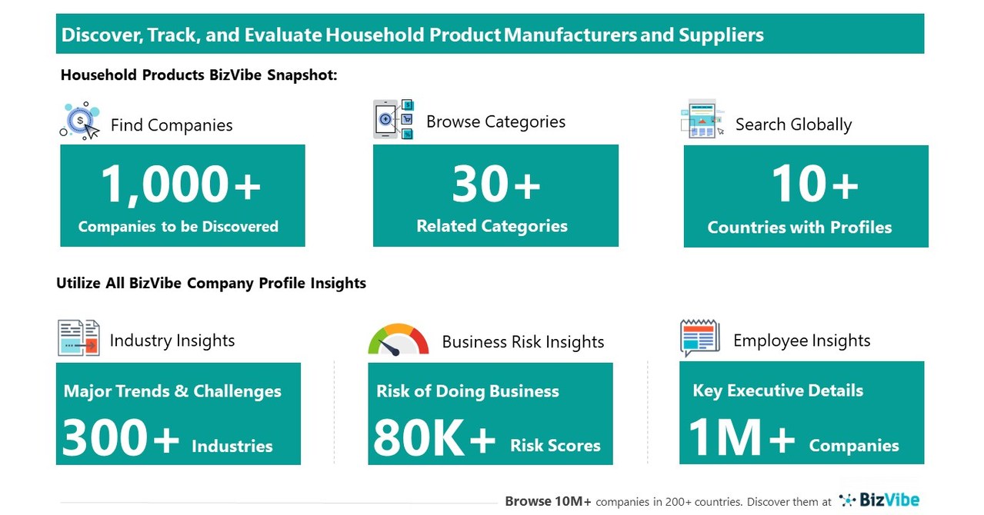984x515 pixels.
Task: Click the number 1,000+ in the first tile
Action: [182, 185]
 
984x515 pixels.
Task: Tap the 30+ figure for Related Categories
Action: [495, 184]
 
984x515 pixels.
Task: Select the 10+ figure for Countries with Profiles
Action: [814, 185]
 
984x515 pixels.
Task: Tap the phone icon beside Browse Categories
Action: [393, 120]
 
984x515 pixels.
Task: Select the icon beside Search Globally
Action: [702, 120]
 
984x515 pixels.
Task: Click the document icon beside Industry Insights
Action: [78, 338]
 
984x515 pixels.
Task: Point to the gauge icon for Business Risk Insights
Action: [398, 340]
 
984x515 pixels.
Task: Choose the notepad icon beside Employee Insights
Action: [699, 338]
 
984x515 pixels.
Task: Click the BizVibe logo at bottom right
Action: [879, 500]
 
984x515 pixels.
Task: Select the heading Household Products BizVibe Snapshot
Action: [198, 75]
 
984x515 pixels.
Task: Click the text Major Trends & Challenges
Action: [172, 390]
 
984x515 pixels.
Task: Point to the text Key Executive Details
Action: [778, 390]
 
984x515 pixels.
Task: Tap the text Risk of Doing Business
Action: [468, 391]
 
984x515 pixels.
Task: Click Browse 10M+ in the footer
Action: [548, 501]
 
